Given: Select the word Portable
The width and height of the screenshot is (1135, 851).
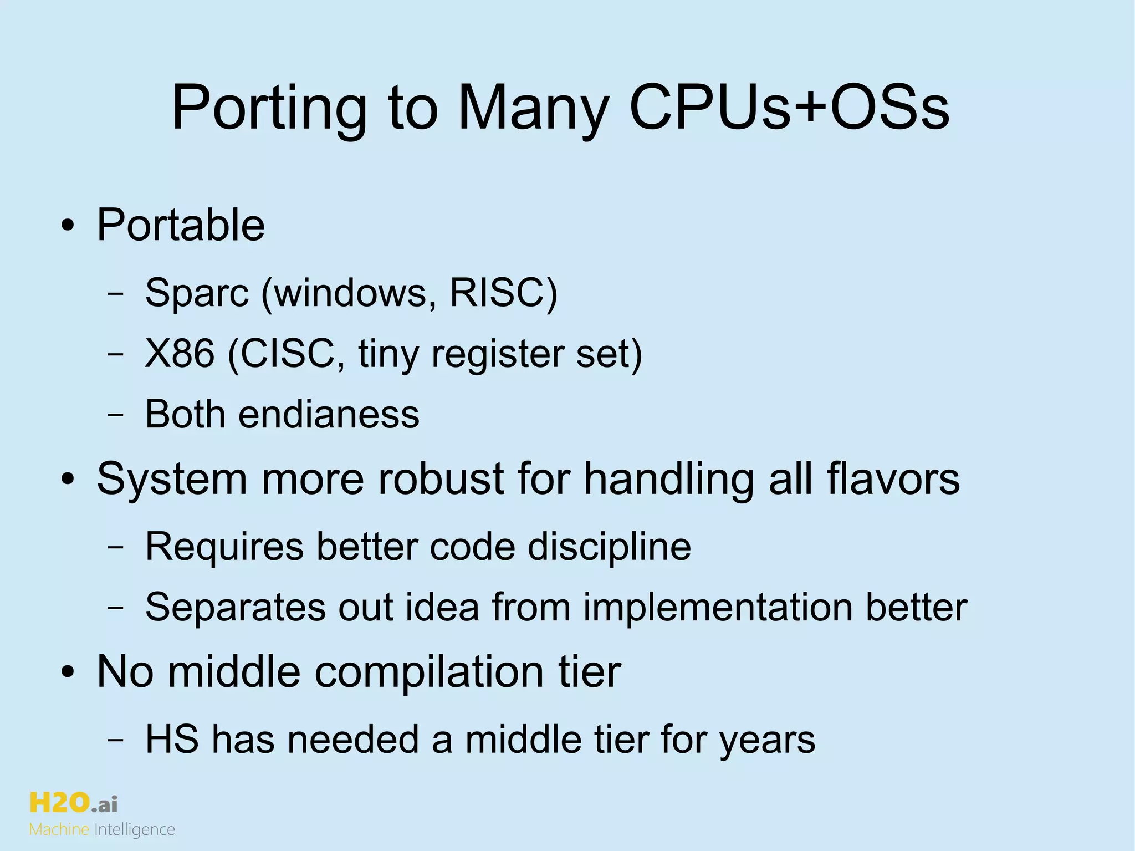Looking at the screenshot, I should tap(181, 225).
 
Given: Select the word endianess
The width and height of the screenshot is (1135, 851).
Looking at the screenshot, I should tap(329, 414).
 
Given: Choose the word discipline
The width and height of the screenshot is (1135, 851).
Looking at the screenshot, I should tap(609, 547).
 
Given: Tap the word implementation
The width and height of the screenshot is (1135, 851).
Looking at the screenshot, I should tap(718, 608).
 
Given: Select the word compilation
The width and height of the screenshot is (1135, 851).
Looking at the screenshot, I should tap(429, 672).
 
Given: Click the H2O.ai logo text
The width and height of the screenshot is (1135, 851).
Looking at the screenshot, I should tap(73, 803).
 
